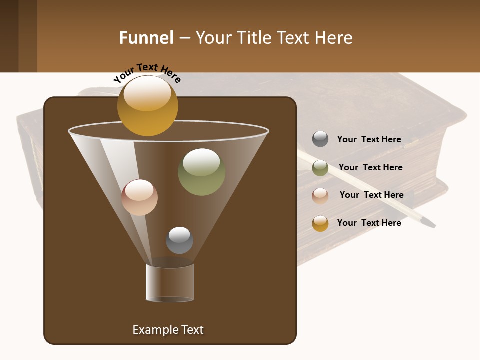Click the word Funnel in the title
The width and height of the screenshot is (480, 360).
pyautogui.click(x=146, y=38)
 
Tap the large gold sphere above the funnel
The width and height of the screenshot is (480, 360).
pyautogui.click(x=147, y=105)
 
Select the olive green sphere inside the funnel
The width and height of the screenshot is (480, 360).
pyautogui.click(x=201, y=172)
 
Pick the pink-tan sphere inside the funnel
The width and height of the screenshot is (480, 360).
pyautogui.click(x=139, y=197)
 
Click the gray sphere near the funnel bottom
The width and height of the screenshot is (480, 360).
pyautogui.click(x=179, y=240)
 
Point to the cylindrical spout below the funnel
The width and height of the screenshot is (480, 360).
pyautogui.click(x=170, y=283)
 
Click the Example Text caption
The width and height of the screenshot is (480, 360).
pyautogui.click(x=168, y=330)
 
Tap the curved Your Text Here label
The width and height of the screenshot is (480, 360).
pyautogui.click(x=147, y=73)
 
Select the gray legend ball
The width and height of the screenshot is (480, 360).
pyautogui.click(x=320, y=139)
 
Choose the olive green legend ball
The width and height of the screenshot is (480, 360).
pyautogui.click(x=320, y=168)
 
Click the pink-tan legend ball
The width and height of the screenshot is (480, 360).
pyautogui.click(x=320, y=196)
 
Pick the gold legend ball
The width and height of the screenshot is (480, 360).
pyautogui.click(x=320, y=223)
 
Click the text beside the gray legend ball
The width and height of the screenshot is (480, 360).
pyautogui.click(x=369, y=140)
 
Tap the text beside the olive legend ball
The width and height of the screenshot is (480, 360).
pyautogui.click(x=370, y=168)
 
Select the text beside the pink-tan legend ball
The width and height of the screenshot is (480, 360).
pyautogui.click(x=371, y=195)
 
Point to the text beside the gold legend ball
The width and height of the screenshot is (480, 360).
pyautogui.click(x=369, y=223)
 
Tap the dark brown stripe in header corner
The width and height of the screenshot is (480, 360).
pyautogui.click(x=9, y=36)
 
